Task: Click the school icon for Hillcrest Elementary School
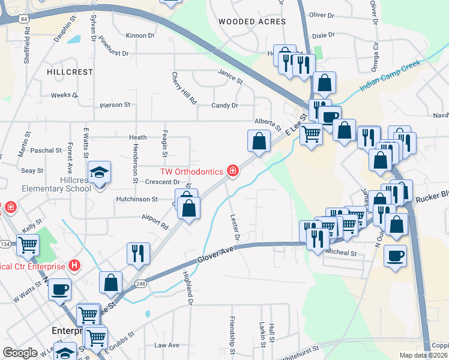pos(100,173)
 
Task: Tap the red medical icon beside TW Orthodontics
pos(232,172)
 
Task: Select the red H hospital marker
pos(74,265)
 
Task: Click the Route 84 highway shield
pos(23,19)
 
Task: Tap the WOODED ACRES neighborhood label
pos(252,22)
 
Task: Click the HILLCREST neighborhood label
pos(70,72)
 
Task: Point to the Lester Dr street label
pos(235,227)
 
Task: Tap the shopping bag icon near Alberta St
pos(259,142)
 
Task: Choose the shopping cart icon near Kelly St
pos(28,245)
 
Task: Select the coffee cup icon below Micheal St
pos(395,256)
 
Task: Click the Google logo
pos(20,353)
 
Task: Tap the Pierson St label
pos(115,105)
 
